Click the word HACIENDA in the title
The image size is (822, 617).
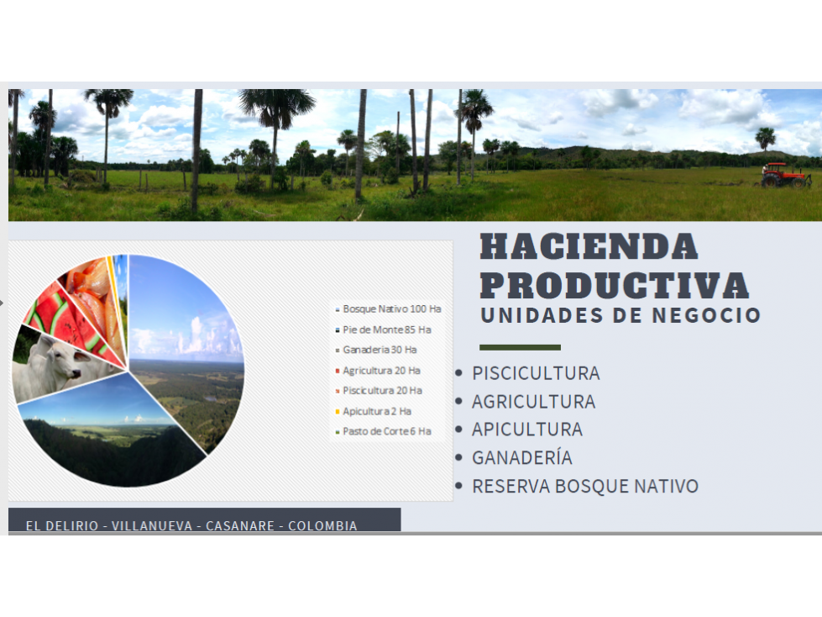(x=589, y=246)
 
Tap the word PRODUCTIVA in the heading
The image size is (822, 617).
(x=615, y=286)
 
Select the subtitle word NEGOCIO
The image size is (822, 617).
(x=706, y=315)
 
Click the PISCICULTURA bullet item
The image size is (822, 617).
(x=536, y=373)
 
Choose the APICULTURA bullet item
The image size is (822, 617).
(x=526, y=430)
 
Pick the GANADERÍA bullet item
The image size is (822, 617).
(x=522, y=457)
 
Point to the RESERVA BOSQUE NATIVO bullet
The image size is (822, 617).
(x=585, y=487)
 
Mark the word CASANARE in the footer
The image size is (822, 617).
(x=240, y=525)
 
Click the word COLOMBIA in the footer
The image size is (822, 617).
(x=322, y=525)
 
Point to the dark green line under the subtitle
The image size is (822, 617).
(x=520, y=347)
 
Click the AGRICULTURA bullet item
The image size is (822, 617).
(x=534, y=402)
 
